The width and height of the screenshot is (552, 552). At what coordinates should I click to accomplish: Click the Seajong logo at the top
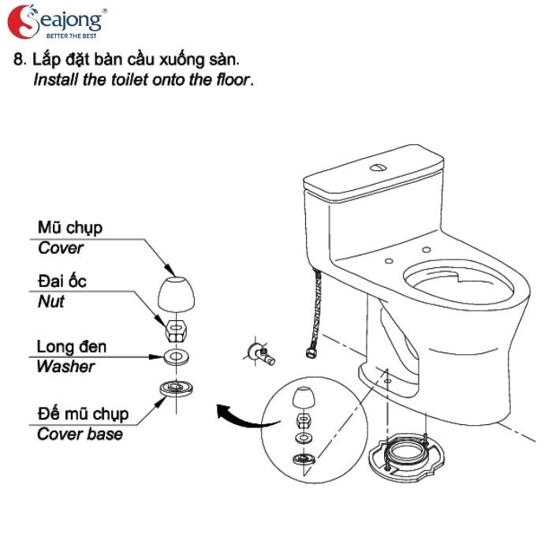tap(55, 23)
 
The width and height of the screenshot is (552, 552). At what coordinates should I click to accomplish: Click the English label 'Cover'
tap(61, 248)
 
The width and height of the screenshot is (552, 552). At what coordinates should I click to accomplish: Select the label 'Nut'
tap(51, 301)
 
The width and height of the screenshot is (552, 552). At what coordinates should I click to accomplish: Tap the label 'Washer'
tap(65, 367)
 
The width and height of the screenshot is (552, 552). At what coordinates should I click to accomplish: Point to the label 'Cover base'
tap(80, 434)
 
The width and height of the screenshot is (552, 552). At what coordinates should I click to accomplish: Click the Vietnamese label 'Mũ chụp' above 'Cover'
tap(70, 228)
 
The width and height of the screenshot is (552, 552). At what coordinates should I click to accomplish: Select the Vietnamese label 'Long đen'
tap(71, 347)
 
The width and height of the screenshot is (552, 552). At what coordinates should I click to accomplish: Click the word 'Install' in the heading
tap(54, 80)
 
